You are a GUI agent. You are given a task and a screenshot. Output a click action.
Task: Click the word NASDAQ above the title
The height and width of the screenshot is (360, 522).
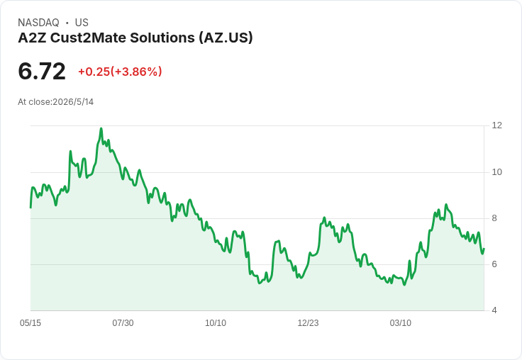pos(38,23)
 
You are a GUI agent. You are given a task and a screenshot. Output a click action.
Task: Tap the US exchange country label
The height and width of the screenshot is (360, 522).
pos(82,23)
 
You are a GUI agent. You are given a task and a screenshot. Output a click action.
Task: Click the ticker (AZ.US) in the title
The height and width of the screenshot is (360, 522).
pos(226,38)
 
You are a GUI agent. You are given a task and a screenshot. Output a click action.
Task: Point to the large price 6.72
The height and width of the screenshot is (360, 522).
pos(42,72)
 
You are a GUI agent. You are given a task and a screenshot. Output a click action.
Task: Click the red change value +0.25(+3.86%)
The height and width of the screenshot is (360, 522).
pos(120,72)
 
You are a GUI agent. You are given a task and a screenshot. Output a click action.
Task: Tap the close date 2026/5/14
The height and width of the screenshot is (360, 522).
pos(73,102)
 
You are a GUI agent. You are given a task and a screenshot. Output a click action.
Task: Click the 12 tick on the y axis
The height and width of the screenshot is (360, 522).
pos(497,125)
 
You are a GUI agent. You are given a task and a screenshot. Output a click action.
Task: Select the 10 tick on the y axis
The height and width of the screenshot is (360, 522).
pos(497,172)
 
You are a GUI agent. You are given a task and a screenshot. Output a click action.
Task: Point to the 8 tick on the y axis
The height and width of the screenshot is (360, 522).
pos(494,218)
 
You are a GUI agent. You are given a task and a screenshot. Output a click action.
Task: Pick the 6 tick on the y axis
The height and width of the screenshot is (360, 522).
pos(494,264)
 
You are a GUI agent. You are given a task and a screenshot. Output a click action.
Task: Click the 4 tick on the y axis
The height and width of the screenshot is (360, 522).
pos(494,310)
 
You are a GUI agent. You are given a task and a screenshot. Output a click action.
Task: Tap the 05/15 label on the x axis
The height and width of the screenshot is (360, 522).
pos(30,323)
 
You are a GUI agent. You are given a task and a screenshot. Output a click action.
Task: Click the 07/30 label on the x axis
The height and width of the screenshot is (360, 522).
pos(123,323)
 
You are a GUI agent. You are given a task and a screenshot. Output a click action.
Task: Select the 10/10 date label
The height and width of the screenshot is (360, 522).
pos(216,323)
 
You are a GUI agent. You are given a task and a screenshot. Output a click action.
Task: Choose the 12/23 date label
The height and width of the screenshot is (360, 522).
pos(308,323)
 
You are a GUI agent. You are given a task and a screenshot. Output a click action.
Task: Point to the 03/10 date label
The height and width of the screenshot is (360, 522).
pos(401,323)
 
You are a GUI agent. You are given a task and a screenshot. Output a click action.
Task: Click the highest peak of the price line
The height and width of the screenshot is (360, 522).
pos(101,128)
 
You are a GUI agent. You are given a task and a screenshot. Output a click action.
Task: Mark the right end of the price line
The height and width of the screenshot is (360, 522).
pos(484,249)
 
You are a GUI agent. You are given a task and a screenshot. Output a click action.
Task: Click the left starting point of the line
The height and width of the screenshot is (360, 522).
pos(30,208)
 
